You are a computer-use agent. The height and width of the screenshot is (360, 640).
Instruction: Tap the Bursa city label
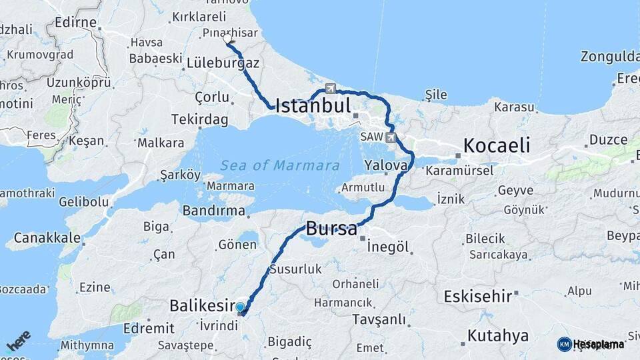[331, 229]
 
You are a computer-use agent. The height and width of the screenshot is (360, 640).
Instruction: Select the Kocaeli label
[497, 145]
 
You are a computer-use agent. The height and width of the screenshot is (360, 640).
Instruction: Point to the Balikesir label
[201, 306]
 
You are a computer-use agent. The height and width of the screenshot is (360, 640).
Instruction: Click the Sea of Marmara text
[280, 165]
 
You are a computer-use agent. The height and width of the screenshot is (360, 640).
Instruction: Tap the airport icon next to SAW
[391, 138]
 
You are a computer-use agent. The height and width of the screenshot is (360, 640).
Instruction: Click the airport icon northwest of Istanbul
[331, 88]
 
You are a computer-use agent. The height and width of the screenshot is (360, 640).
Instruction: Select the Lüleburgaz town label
[223, 62]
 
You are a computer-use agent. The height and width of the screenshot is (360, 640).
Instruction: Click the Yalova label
[386, 165]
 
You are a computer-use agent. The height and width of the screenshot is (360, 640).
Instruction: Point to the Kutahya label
[498, 335]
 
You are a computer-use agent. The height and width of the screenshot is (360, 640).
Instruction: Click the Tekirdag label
[199, 119]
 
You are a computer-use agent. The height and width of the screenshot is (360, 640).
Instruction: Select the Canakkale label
[47, 237]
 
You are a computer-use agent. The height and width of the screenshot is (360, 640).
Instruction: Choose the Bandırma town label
[214, 211]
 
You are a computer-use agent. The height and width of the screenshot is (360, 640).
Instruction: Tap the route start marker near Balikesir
[241, 307]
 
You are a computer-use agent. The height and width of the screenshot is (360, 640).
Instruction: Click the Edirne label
[75, 23]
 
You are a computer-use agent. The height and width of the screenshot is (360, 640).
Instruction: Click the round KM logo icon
[564, 344]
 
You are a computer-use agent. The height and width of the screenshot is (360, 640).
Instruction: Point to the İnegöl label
[387, 247]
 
